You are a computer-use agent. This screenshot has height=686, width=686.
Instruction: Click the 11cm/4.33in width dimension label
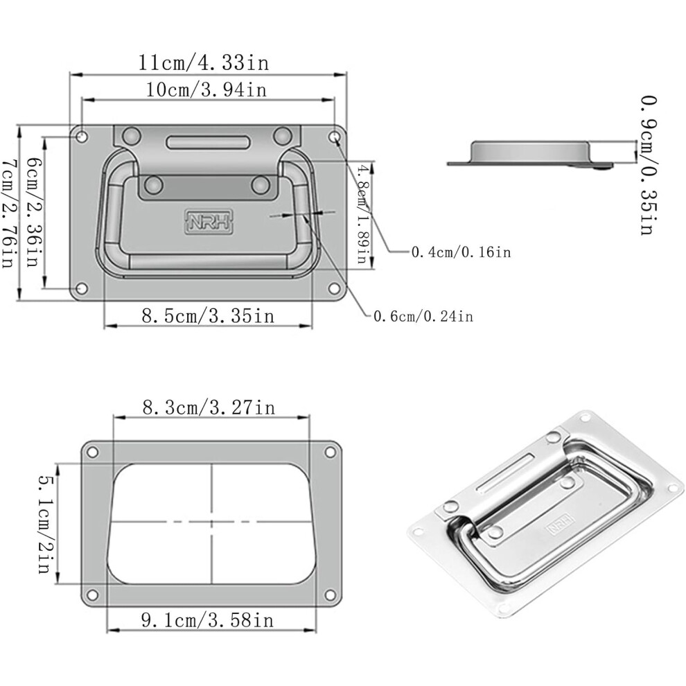coord(204,62)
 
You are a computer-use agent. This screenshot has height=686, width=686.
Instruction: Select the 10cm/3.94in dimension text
coord(206,89)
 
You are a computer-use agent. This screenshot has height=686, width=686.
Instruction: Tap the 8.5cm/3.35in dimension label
coord(209,315)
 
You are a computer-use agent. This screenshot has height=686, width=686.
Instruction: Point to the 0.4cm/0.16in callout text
coord(461,252)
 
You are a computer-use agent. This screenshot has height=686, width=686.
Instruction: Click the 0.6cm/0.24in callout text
coord(423,316)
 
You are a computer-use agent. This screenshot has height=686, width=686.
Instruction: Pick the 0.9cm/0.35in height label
coord(648,166)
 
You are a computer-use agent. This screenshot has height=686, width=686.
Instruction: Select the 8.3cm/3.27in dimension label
coord(209,407)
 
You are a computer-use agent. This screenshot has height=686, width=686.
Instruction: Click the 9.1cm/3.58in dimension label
coord(207,620)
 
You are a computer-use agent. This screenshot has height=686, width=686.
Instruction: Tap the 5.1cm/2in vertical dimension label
coord(46,524)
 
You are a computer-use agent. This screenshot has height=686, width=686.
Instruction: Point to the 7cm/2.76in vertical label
coord(10,213)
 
